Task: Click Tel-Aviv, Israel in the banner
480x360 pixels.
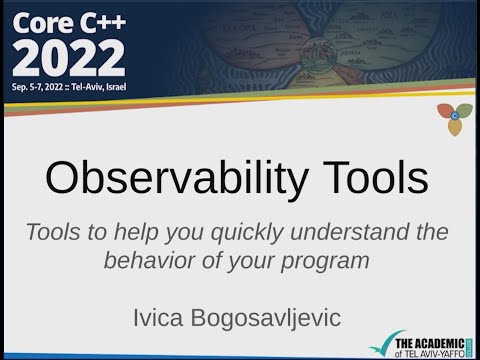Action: (141, 88)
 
